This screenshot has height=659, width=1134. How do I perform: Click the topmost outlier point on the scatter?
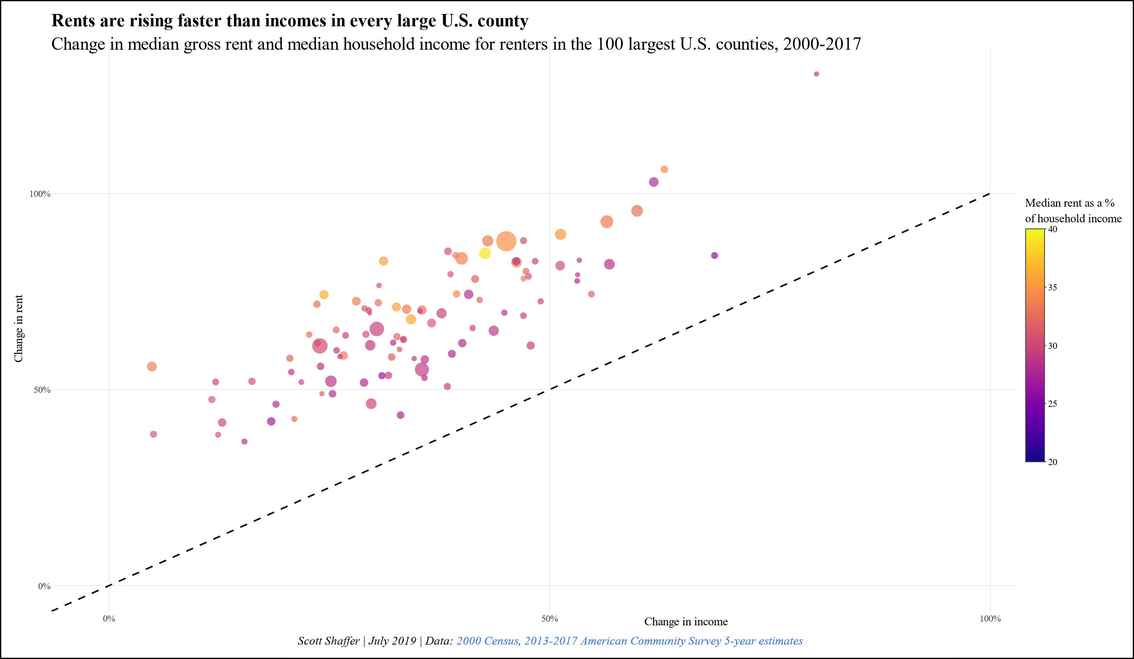816,74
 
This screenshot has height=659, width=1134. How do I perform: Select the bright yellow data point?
485,253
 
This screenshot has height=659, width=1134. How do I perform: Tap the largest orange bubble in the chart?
506,241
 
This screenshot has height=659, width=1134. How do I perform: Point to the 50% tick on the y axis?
42,389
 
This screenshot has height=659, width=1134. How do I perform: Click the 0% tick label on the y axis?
44,586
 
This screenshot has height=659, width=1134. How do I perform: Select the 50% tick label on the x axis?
550,618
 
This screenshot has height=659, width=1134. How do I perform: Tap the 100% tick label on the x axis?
990,618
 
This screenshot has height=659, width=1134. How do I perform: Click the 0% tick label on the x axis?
109,618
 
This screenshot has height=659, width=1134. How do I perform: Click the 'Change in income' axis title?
686,622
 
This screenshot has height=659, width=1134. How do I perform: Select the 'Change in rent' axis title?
18,328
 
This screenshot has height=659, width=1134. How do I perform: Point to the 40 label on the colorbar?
1053,229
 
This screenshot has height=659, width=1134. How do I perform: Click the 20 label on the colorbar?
1053,462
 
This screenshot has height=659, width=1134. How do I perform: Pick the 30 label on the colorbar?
1053,346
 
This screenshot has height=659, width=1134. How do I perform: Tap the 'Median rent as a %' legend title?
1070,203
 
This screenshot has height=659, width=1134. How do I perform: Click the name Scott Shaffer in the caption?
328,641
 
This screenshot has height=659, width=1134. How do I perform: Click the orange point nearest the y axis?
151,366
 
